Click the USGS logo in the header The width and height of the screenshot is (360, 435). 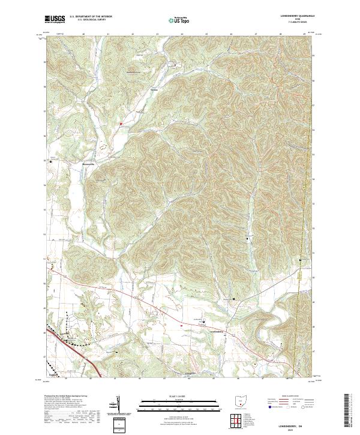pos(55,19)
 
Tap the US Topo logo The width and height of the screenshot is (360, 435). pos(179,20)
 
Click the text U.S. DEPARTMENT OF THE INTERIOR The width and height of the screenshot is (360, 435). pos(91,17)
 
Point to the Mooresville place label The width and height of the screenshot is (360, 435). pos(89,161)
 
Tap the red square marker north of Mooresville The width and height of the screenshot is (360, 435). pos(121,124)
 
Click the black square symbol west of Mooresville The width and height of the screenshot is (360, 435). pos(51,161)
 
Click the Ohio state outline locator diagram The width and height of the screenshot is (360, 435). pos(242,401)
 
